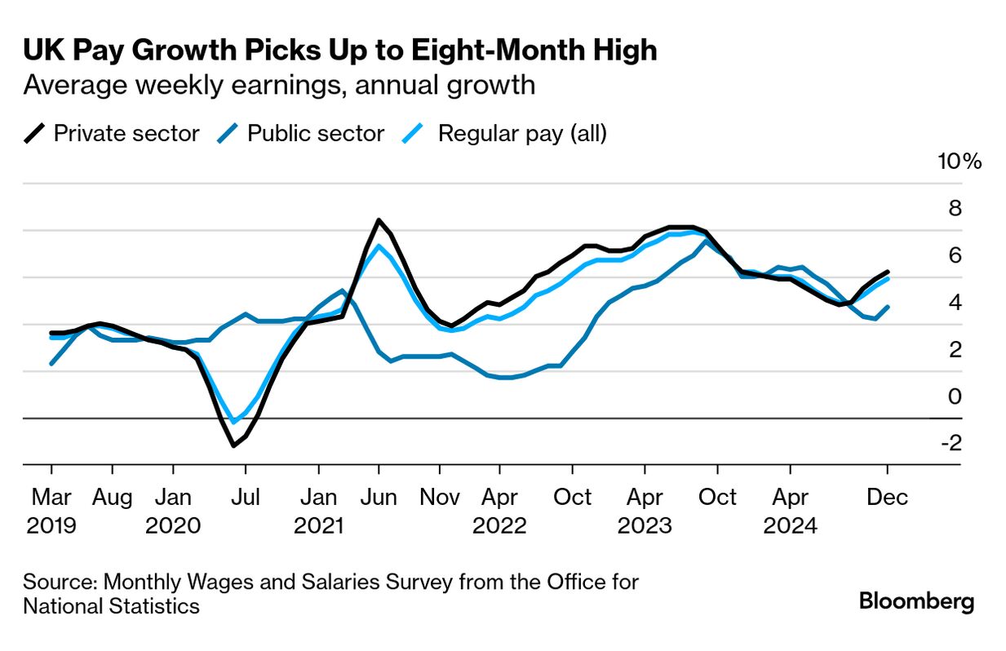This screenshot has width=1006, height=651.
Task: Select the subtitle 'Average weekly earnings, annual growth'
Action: point(279,85)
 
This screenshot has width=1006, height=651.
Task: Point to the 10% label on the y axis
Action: point(960,162)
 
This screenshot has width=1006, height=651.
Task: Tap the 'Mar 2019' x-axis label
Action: point(51,510)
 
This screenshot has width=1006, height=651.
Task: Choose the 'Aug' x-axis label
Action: point(112,497)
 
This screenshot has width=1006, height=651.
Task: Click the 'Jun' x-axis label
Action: point(379,497)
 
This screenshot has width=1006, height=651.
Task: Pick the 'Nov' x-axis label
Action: point(440,497)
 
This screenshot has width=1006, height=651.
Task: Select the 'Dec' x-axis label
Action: point(888,497)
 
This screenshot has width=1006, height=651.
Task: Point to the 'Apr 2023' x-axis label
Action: point(645,510)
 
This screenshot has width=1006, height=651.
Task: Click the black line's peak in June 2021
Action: point(379,220)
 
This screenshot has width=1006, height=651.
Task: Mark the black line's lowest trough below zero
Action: point(233,445)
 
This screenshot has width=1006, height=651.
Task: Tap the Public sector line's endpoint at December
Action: point(888,307)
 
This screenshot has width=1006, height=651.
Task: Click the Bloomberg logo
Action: point(916,602)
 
